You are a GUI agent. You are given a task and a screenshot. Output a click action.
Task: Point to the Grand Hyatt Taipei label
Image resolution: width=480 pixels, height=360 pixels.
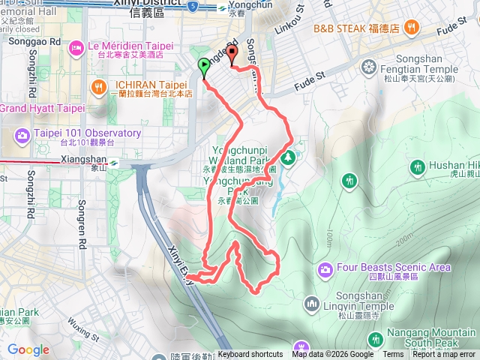41,108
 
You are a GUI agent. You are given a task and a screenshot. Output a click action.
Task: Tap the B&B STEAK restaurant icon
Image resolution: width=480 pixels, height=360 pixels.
410,28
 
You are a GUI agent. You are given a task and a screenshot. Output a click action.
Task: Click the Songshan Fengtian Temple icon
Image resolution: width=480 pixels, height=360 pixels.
367,67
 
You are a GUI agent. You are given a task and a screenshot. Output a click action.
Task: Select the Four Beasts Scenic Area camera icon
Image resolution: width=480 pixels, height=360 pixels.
325,268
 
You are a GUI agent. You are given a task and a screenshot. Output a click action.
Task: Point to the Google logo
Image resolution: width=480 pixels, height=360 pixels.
28,349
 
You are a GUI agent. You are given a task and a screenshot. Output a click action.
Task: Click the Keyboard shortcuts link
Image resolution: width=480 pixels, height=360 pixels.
250,355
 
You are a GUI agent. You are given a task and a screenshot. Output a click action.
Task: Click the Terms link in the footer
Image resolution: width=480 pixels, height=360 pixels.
393,355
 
